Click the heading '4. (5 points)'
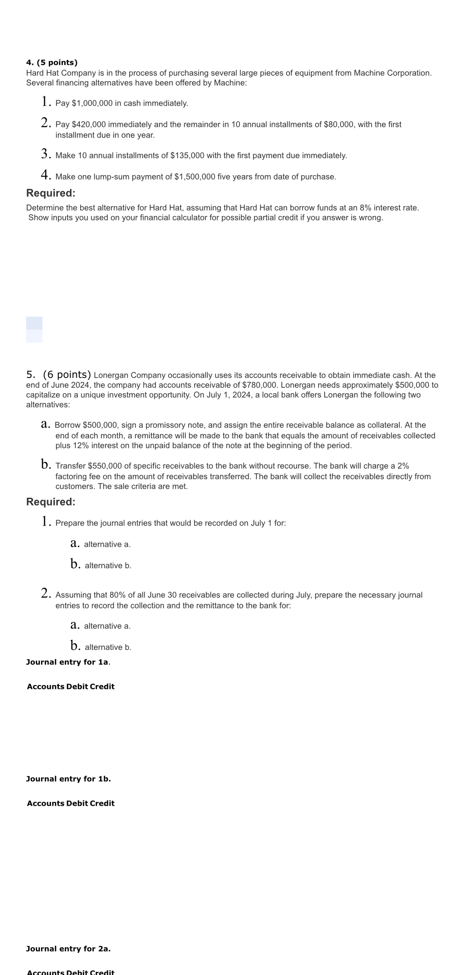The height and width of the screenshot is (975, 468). [x=52, y=63]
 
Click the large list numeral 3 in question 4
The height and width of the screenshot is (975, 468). [x=46, y=154]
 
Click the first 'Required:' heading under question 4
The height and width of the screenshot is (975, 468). [x=51, y=193]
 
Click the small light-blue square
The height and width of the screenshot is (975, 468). [x=34, y=329]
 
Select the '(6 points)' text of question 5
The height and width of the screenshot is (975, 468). [x=67, y=375]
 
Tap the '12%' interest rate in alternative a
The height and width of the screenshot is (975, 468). [x=80, y=446]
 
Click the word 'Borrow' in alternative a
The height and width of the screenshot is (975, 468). [x=67, y=425]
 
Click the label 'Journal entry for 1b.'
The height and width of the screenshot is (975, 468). [x=68, y=779]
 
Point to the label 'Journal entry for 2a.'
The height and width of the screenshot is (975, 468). [x=68, y=949]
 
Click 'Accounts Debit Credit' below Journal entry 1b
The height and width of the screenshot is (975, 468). [x=71, y=803]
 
